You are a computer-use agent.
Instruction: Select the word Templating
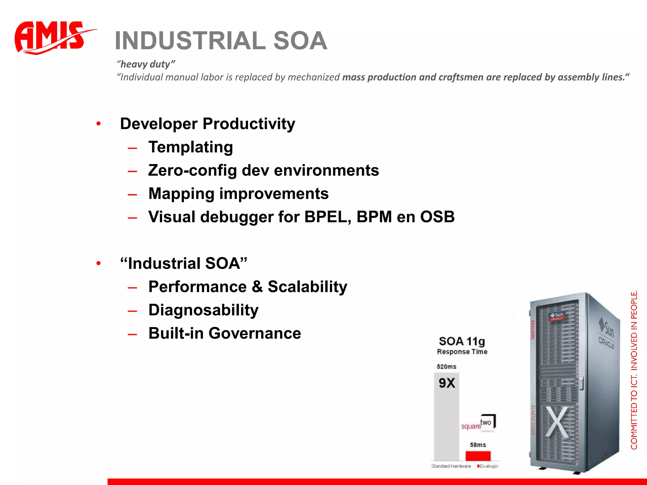[x=191, y=147]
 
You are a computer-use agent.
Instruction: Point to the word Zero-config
[x=192, y=171]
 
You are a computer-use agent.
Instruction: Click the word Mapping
[x=181, y=194]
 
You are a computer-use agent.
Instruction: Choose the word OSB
[x=437, y=217]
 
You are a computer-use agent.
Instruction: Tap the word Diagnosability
[x=203, y=310]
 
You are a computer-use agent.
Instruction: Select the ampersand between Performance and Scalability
[x=257, y=287]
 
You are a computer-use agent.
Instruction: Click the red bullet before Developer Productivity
[x=99, y=124]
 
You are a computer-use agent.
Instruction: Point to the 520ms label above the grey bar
[x=446, y=367]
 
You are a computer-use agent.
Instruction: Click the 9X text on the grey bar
[x=447, y=383]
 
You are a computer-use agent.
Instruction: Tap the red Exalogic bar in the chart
[x=478, y=456]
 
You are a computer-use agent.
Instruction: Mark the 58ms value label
[x=478, y=445]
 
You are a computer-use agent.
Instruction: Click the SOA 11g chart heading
[x=462, y=341]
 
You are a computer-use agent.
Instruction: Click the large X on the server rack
[x=557, y=422]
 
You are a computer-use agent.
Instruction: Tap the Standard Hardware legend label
[x=451, y=466]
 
